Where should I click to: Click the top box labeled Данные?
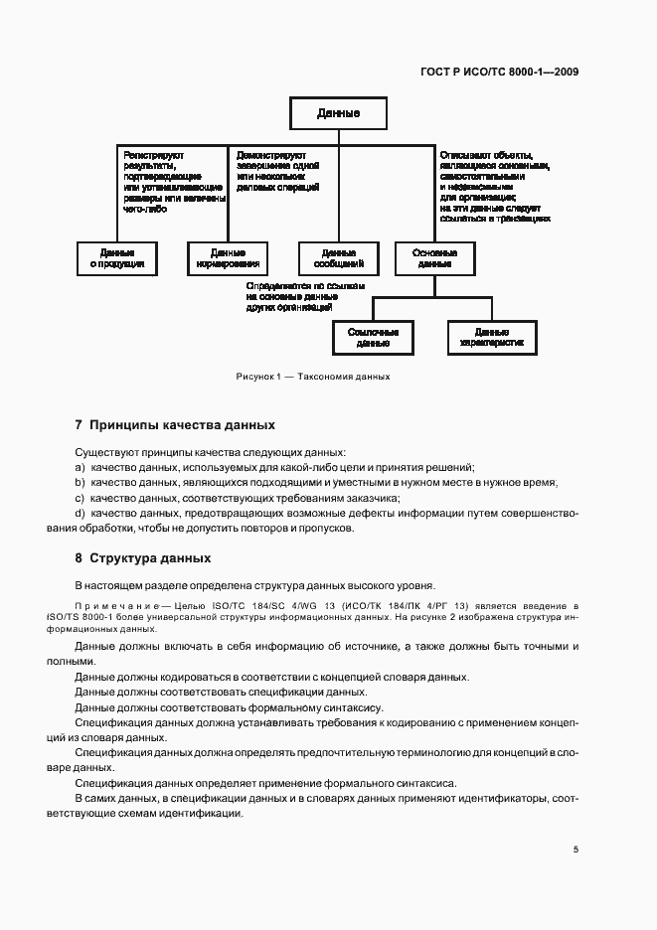338,113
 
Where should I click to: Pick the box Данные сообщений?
338,258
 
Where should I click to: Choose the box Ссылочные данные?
373,337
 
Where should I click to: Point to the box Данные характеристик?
491,337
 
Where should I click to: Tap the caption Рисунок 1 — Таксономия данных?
312,378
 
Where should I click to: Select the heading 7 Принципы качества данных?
175,424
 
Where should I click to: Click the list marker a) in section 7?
80,467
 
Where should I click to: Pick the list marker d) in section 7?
80,513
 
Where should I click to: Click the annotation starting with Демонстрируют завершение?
278,170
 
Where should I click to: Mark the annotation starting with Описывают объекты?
491,186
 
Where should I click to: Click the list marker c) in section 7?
80,498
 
